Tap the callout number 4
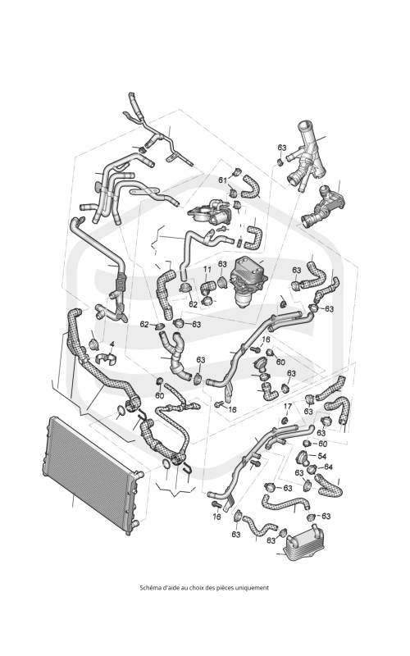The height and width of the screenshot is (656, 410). tap(112, 344)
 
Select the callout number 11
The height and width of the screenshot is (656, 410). tap(207, 270)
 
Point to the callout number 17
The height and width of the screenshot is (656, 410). tap(288, 406)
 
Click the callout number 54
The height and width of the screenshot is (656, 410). tap(322, 456)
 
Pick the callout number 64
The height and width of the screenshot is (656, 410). tap(328, 467)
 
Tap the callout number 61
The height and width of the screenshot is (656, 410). tap(223, 180)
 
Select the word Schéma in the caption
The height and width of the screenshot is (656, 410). tap(148, 587)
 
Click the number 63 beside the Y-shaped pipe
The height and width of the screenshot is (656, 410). tap(282, 148)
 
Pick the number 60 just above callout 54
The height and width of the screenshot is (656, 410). tap(322, 444)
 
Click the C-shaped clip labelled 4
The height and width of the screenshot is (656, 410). tap(107, 359)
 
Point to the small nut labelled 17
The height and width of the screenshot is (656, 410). tap(285, 419)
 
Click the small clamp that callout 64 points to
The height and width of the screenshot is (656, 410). tap(312, 470)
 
